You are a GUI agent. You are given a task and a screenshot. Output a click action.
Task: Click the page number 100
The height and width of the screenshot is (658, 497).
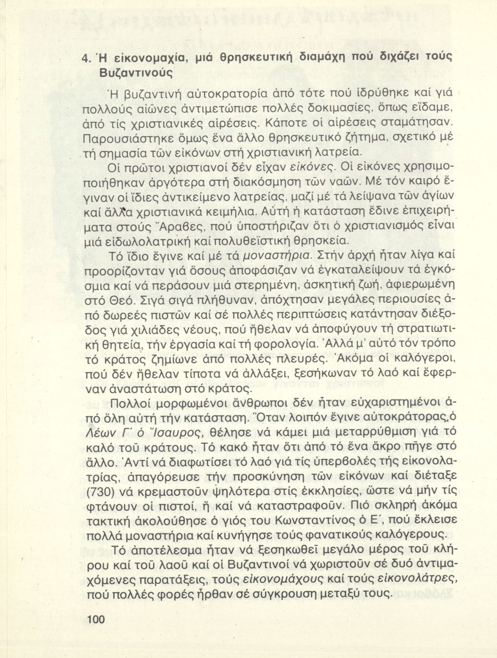[97, 619]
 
